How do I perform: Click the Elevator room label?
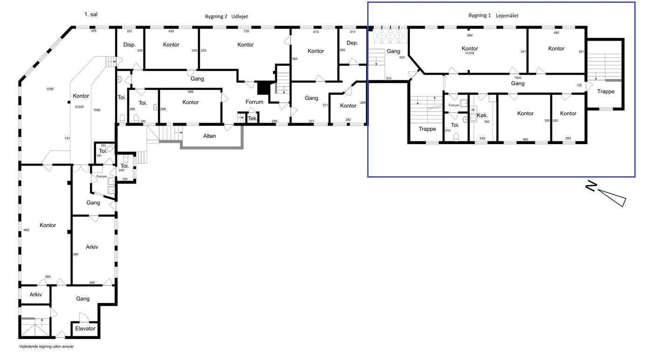(85, 328)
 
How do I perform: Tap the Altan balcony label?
(209, 136)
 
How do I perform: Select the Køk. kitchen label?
(482, 115)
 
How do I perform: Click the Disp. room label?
(130, 45)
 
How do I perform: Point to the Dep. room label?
(352, 43)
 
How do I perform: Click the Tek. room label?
(252, 118)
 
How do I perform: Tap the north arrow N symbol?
(592, 186)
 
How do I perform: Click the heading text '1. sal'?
(91, 14)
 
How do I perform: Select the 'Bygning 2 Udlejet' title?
(226, 16)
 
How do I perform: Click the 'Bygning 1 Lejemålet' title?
(493, 15)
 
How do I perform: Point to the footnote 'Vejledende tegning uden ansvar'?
(46, 346)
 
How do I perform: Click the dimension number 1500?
(518, 78)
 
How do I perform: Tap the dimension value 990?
(470, 35)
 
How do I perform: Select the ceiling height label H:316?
(470, 53)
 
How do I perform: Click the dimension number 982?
(27, 230)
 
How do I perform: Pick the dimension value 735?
(246, 31)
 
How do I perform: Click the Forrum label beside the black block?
(254, 102)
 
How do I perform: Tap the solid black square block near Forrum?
(263, 88)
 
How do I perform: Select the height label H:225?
(79, 107)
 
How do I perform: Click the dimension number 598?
(190, 92)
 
